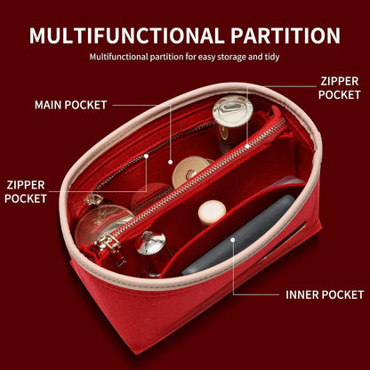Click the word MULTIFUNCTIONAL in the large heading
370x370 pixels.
pos(127,36)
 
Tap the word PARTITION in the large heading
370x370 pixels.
pos(286,36)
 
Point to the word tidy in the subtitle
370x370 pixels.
pos(272,57)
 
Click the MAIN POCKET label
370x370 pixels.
pos(70,105)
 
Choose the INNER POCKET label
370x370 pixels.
pos(325,294)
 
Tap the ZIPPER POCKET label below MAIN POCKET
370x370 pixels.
pos(26,192)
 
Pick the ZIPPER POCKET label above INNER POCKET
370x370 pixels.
pos(340,88)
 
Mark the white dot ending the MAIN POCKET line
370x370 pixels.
pos(170,162)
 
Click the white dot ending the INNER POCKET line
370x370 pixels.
pos(233,239)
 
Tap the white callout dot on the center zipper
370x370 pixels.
pos(247,146)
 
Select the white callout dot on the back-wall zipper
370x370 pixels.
pos(146,156)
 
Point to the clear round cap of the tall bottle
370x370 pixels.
pos(233,110)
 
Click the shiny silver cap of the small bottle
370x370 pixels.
pos(150,243)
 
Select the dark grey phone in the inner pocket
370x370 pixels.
pos(239,236)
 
